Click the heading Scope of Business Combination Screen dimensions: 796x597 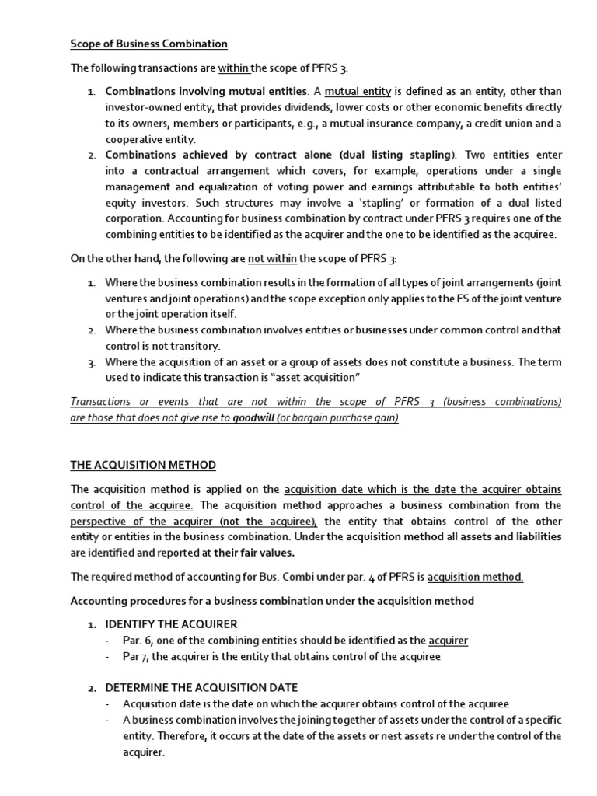click(x=148, y=44)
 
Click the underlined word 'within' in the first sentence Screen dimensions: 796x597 click(x=232, y=68)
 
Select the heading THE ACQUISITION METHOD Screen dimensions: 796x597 click(x=143, y=465)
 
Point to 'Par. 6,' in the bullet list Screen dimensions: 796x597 click(x=141, y=641)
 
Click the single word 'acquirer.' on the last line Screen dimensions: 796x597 click(x=144, y=753)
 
